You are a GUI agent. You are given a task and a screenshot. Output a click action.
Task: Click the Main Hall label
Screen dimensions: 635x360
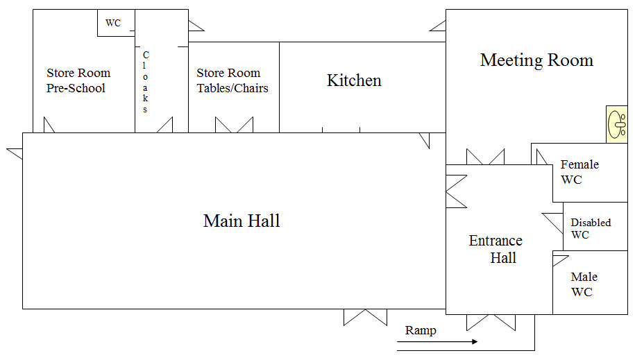point(242,221)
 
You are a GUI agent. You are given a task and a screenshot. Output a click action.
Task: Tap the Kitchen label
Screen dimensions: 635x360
point(354,80)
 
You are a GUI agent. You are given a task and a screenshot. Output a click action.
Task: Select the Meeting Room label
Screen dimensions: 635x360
point(536,60)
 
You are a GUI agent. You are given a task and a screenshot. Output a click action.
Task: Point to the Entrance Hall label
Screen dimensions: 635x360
point(496,249)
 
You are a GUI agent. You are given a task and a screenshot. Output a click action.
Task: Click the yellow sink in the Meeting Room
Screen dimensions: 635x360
point(617,124)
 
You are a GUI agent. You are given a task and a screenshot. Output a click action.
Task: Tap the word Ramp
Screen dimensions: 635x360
point(421,330)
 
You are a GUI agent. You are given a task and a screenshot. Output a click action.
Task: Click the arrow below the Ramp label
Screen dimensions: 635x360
point(437,342)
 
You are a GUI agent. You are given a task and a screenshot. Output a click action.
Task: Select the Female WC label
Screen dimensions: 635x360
point(579,172)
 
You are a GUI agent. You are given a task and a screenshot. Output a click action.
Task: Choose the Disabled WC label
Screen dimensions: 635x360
point(591,228)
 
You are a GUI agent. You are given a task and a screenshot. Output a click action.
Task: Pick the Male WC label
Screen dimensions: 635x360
point(584,284)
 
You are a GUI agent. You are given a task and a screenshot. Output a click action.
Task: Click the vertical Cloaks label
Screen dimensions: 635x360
point(145,82)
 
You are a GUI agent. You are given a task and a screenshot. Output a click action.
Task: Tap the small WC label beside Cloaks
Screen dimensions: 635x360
point(113,23)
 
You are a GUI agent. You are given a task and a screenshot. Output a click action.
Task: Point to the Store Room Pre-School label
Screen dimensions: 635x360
point(78,80)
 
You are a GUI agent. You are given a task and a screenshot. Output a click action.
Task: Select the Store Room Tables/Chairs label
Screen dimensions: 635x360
point(232,80)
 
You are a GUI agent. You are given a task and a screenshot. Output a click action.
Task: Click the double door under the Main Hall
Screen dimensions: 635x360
point(365,318)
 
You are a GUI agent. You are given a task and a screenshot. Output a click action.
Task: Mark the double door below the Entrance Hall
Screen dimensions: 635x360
point(491,323)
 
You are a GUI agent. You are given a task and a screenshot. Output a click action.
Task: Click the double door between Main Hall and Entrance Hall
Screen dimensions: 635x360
point(457,191)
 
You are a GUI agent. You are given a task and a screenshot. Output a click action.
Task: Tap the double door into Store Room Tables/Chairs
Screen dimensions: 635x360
point(234,125)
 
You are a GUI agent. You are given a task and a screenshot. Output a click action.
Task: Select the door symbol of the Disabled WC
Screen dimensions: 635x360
point(553,223)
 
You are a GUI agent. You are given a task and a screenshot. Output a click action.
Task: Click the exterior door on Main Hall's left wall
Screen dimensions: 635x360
point(15,154)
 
